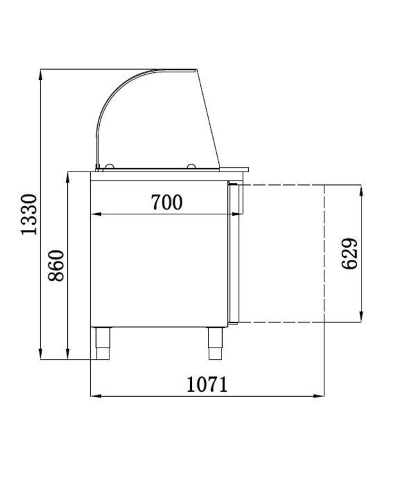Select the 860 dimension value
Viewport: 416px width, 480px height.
56,266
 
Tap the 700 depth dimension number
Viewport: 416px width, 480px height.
166,202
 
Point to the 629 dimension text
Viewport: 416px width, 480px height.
349,253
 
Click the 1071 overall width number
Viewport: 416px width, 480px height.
207,385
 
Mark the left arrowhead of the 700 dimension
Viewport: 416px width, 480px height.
93,213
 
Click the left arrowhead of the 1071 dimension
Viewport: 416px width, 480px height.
93,397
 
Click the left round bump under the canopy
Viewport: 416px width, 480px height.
109,167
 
